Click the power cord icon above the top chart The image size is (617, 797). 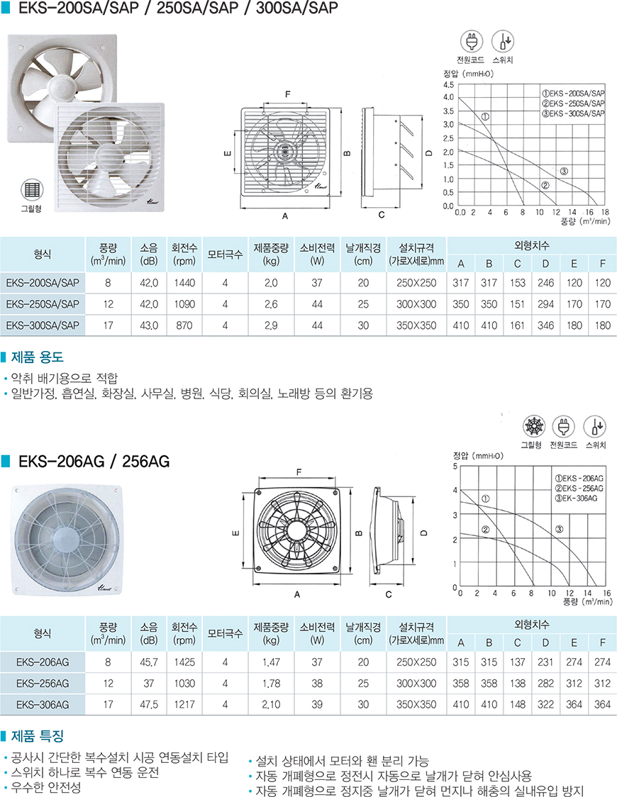pos(471,41)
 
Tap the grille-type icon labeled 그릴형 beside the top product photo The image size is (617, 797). pos(31,190)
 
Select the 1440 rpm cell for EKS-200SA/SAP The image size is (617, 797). pos(184,283)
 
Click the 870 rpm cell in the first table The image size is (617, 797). pos(184,325)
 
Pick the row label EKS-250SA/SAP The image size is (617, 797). pos(43,304)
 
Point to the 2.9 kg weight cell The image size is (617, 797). pos(271,325)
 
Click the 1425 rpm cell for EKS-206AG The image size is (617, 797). pos(184,662)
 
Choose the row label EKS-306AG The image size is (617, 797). pos(43,705)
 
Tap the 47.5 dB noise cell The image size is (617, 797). pos(149,705)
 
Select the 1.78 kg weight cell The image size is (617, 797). pos(271,684)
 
